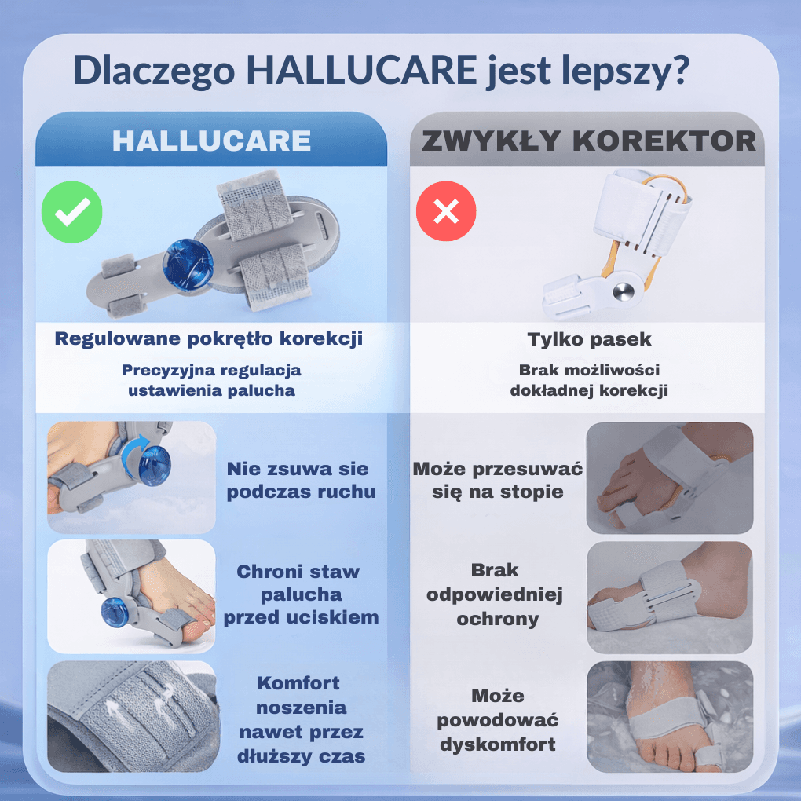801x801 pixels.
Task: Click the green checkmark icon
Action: point(71,211)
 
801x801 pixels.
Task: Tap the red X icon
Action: point(446,211)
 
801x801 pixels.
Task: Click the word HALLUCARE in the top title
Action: point(360,71)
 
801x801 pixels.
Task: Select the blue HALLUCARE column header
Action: point(211,141)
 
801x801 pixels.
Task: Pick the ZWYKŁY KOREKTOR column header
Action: point(588,141)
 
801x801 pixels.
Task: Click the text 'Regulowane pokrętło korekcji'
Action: point(208,339)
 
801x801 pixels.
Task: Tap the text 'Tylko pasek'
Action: point(589,339)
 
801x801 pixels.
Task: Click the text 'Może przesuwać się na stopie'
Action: point(498,481)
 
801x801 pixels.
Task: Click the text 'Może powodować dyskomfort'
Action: point(498,719)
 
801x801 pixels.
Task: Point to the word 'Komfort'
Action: point(298,682)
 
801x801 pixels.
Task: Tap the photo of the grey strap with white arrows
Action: point(131,716)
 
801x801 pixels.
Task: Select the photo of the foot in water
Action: point(669,716)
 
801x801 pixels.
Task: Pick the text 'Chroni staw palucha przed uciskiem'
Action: point(301,594)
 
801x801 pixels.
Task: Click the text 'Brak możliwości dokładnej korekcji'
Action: point(589,380)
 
